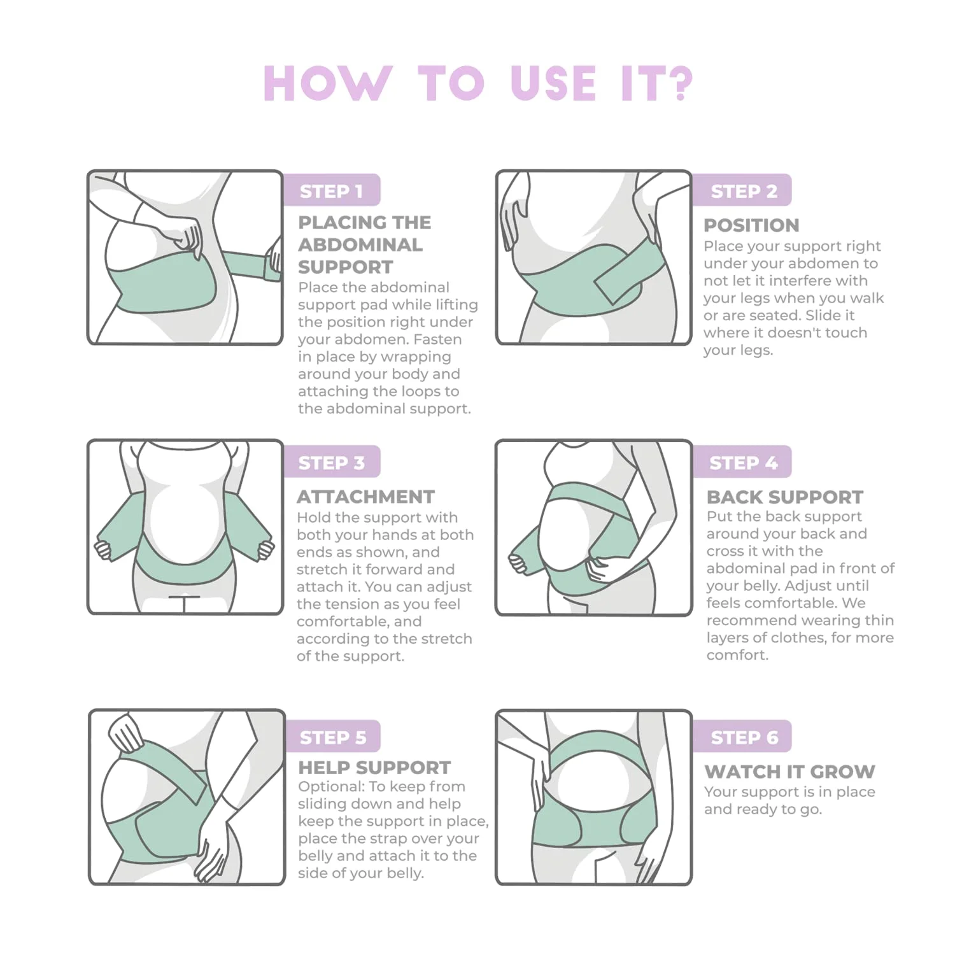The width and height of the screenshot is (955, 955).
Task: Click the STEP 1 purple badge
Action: [331, 190]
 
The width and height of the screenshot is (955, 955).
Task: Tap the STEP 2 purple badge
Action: [742, 190]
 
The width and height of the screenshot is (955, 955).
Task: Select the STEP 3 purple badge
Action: [331, 462]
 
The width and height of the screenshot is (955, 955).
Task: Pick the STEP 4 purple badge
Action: [742, 462]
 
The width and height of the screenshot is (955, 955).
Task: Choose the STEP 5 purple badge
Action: [332, 737]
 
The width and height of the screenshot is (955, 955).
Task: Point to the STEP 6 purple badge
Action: [742, 737]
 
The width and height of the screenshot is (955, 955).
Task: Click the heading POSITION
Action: [751, 225]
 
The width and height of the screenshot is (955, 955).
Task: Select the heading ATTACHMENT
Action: [365, 497]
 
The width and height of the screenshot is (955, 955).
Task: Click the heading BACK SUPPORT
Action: [784, 497]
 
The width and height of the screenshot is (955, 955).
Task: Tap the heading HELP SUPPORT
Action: [374, 767]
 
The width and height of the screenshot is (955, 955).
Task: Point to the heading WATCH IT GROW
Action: [789, 771]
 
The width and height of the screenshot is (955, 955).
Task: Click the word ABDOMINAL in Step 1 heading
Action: [360, 244]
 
